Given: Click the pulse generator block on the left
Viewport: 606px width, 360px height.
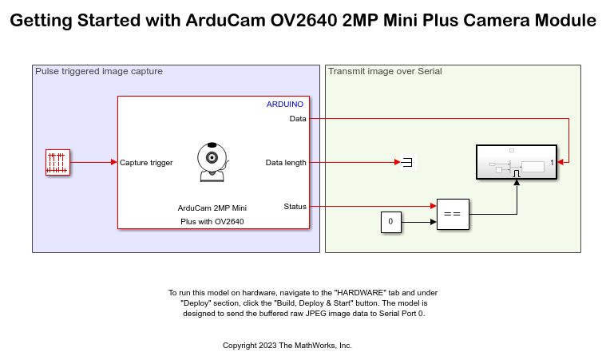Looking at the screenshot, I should (x=57, y=162).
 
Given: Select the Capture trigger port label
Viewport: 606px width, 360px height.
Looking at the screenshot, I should (x=146, y=163).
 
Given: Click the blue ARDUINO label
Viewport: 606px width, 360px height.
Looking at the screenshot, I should (x=284, y=105).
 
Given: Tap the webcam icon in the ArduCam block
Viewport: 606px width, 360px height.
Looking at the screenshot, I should (x=212, y=162).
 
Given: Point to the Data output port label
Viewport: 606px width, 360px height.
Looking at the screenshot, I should (x=297, y=119).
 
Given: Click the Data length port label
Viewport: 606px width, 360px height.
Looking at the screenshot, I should (x=286, y=163).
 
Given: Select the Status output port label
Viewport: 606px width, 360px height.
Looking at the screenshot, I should (x=295, y=207).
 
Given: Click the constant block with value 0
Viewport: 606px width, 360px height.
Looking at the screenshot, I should (x=390, y=221).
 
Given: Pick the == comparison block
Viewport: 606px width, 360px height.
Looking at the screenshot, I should (x=452, y=214).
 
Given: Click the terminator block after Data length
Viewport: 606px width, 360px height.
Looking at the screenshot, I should (x=407, y=163).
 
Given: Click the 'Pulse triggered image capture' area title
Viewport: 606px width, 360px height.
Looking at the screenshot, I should (x=99, y=72).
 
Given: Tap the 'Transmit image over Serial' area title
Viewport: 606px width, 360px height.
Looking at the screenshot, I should (x=385, y=72).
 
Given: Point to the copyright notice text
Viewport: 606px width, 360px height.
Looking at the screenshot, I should (x=287, y=346).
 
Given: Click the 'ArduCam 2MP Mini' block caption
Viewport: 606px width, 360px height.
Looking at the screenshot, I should (x=212, y=208).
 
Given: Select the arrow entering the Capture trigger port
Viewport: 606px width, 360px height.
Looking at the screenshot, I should (x=113, y=163).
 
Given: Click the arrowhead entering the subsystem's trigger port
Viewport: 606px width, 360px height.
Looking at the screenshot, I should (x=517, y=183).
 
